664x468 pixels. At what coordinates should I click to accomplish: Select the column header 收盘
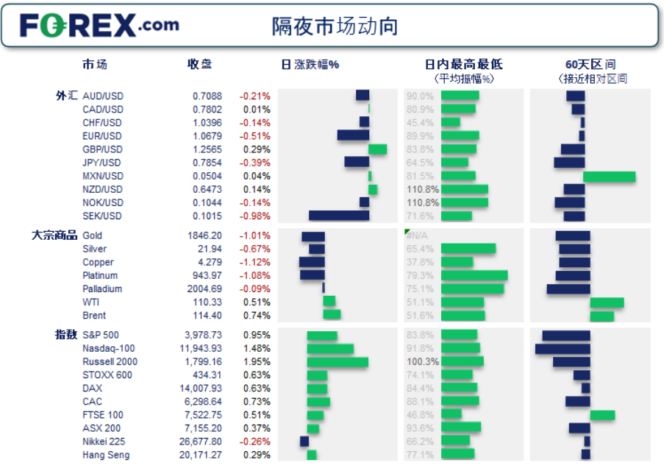(x=200, y=64)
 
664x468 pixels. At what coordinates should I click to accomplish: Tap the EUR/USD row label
(x=102, y=136)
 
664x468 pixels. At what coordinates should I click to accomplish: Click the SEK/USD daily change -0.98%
(x=254, y=216)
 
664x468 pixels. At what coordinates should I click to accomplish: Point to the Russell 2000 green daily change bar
(x=338, y=362)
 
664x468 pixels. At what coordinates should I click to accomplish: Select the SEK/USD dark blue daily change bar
(x=338, y=216)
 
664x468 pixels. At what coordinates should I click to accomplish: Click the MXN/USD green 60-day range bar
(x=609, y=177)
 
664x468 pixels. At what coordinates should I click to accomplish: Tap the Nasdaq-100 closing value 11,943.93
(x=201, y=349)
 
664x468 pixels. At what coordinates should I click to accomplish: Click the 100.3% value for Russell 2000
(x=423, y=362)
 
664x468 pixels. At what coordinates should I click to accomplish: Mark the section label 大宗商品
(x=54, y=235)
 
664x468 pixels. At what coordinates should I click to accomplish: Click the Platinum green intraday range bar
(x=474, y=275)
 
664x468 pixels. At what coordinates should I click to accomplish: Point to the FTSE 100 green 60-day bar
(x=602, y=415)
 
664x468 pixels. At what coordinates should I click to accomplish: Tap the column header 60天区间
(x=590, y=64)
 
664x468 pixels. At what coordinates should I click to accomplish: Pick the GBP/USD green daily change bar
(x=377, y=149)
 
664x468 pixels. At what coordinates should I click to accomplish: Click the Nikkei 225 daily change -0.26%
(x=254, y=442)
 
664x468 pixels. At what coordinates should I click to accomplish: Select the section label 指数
(x=66, y=335)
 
